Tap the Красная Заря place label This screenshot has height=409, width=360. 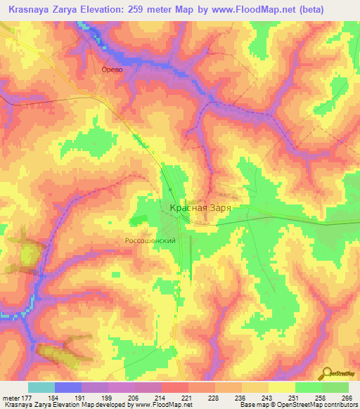click(x=200, y=208)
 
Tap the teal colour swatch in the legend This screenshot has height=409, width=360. click(x=41, y=387)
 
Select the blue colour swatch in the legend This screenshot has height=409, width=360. click(x=67, y=387)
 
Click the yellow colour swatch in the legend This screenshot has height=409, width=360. click(x=281, y=387)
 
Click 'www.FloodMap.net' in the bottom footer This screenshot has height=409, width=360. click(x=162, y=405)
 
